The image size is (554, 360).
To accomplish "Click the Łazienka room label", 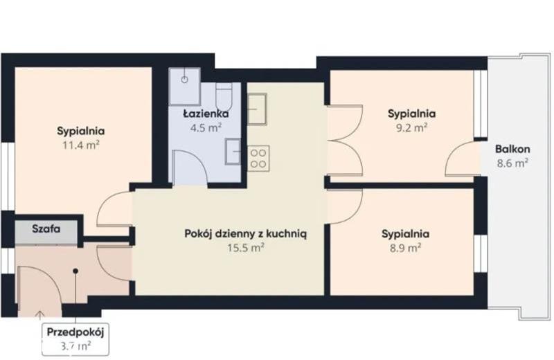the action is (206, 114).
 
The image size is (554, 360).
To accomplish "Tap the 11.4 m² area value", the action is (80, 145).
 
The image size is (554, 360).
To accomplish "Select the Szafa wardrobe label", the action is (46, 228).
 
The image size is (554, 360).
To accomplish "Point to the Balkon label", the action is (512, 149).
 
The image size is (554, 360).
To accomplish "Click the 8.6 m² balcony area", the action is (512, 163).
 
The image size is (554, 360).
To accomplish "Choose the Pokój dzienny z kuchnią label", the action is (246, 234).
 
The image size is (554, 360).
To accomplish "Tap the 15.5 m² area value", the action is (246, 248).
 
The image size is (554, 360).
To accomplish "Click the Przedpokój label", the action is (75, 332).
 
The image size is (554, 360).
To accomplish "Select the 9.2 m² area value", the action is (411, 127).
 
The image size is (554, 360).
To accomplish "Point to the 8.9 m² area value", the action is (405, 248).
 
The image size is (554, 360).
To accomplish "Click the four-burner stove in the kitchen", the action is (258, 159).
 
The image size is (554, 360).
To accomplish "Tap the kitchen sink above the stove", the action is (257, 109).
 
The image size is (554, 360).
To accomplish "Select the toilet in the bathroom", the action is (224, 96).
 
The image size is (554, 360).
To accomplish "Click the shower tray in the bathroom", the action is (184, 87).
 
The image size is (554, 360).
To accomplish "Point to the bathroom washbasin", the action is (233, 152).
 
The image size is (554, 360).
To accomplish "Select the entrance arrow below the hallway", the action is (40, 316).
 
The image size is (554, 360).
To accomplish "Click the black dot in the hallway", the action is (75, 271).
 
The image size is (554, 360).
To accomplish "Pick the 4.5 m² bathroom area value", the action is (206, 127).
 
